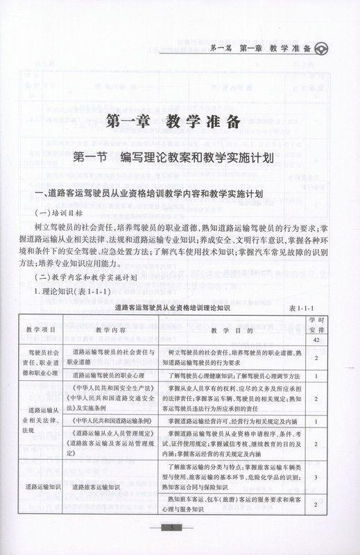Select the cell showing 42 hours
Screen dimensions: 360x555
pos(316,341)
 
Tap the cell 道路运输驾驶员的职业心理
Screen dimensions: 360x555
pos(110,375)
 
